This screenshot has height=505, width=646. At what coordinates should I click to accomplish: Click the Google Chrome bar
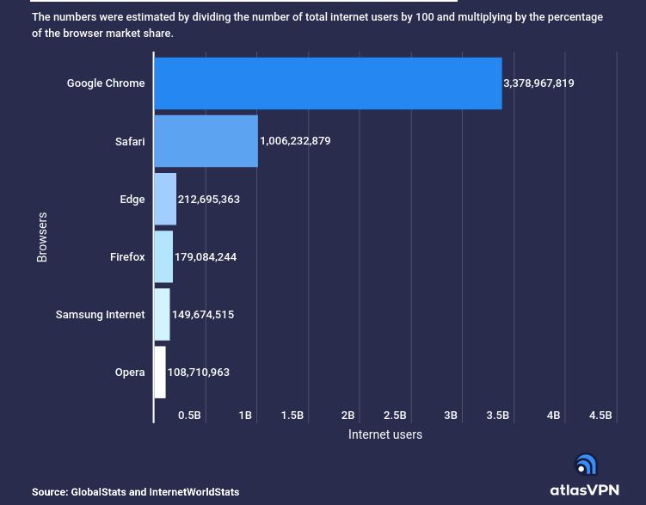pyautogui.click(x=328, y=83)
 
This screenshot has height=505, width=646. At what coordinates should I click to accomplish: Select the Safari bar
pyautogui.click(x=206, y=141)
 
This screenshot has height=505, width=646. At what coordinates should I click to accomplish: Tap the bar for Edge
pyautogui.click(x=165, y=199)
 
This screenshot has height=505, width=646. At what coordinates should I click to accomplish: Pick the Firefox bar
pyautogui.click(x=163, y=256)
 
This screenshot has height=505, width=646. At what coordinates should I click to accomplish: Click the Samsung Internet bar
pyautogui.click(x=162, y=314)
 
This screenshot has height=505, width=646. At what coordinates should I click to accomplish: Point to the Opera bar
pyautogui.click(x=160, y=372)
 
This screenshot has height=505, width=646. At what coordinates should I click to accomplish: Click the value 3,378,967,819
pyautogui.click(x=538, y=83)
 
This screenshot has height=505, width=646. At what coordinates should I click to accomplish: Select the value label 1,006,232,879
pyautogui.click(x=295, y=141)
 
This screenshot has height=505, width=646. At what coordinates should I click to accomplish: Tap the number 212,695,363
pyautogui.click(x=209, y=199)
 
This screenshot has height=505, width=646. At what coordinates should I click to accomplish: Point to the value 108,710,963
pyautogui.click(x=199, y=372)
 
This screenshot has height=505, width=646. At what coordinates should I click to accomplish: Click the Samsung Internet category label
pyautogui.click(x=100, y=314)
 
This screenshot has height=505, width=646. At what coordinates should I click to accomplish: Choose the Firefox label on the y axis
pyautogui.click(x=127, y=256)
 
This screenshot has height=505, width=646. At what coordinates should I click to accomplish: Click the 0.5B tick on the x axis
pyautogui.click(x=189, y=415)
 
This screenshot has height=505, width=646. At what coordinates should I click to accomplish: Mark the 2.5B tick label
pyautogui.click(x=395, y=415)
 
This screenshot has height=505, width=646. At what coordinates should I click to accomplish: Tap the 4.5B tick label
pyautogui.click(x=600, y=415)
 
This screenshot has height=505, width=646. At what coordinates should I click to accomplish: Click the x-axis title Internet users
pyautogui.click(x=385, y=434)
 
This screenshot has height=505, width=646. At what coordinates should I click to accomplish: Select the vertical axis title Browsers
pyautogui.click(x=42, y=237)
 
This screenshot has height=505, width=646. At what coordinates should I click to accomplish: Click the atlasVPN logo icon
pyautogui.click(x=586, y=465)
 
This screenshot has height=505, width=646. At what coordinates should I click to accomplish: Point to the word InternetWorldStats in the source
pyautogui.click(x=194, y=492)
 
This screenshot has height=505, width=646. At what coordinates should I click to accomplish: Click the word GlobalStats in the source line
pyautogui.click(x=98, y=492)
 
